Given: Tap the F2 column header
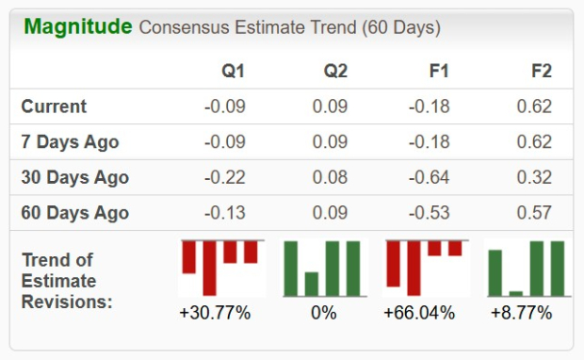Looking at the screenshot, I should coord(541,72).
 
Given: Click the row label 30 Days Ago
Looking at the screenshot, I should coord(74,177).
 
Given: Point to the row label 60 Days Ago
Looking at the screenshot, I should coord(74,212).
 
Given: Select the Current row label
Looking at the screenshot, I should coord(54,106).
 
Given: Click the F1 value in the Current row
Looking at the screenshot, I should coord(430,106).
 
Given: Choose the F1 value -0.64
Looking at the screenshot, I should coord(430,177).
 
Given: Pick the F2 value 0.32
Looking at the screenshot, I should coord(534,177).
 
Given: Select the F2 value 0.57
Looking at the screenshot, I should coord(534,212).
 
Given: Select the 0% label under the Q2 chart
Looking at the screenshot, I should coord(323,313).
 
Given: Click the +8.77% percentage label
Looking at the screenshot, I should coord(521,313).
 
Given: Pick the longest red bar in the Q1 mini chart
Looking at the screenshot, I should coord(209,268).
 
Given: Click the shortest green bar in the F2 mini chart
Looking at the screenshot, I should coord(515,293).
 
